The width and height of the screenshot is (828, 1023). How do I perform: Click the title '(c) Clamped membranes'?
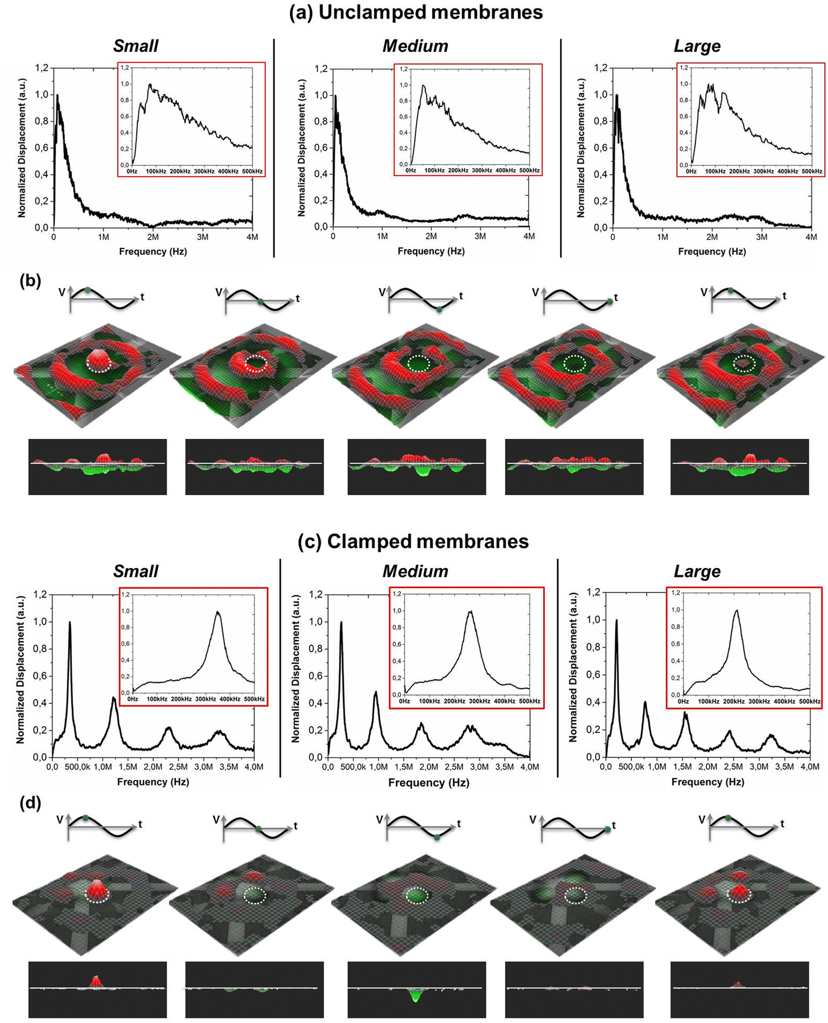point(413,541)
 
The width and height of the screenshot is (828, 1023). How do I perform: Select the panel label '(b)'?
point(30,280)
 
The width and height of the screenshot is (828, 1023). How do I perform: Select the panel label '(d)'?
point(30,803)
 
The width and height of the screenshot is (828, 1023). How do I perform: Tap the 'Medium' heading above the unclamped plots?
point(415,46)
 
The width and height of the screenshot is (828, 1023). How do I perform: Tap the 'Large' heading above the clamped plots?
point(696,572)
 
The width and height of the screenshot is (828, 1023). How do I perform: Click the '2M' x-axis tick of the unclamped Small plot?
point(153,237)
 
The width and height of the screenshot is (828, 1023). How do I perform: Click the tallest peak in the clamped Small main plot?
point(70,623)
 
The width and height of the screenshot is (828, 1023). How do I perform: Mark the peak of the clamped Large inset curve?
point(736,610)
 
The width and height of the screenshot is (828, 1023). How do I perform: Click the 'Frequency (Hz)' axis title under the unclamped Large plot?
point(712,252)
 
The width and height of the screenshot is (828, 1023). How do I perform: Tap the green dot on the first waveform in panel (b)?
point(87,290)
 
